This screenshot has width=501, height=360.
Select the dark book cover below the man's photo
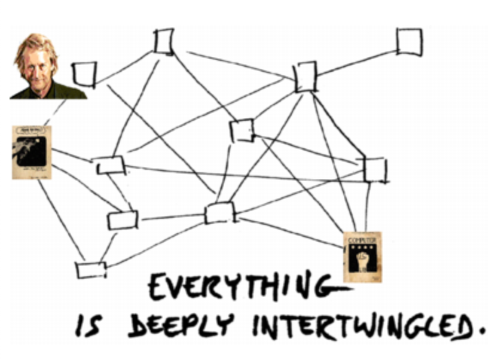(31, 152)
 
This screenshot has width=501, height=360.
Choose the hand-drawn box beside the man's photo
(84, 74)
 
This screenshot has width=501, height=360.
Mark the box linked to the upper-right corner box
(306, 77)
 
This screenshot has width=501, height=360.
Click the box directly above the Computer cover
(375, 170)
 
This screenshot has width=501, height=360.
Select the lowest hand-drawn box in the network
(91, 270)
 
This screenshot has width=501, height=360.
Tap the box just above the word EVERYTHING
(219, 212)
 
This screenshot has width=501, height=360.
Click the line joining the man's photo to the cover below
(57, 112)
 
